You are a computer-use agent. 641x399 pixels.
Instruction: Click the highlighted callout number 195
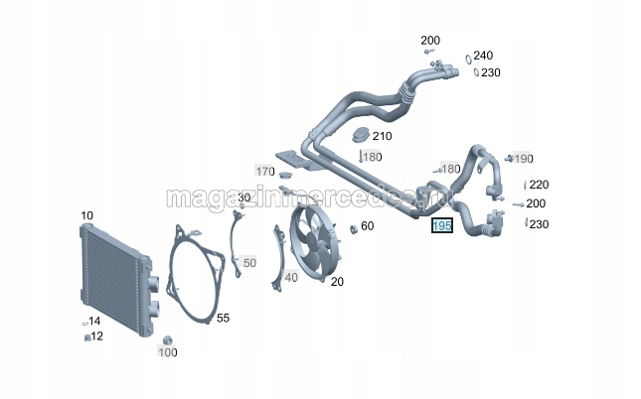[442, 225]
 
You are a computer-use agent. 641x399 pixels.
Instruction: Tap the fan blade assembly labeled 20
[314, 242]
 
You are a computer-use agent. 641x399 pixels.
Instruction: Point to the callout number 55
[223, 318]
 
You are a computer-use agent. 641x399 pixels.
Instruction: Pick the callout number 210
[382, 136]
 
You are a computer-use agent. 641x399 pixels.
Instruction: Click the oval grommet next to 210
[361, 135]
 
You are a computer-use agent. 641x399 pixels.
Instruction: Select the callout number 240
[483, 56]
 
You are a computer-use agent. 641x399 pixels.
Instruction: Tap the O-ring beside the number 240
[468, 60]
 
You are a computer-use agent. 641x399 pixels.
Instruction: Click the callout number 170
[265, 171]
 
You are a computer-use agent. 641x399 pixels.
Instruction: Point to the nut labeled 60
[354, 229]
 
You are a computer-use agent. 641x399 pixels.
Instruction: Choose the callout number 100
[168, 352]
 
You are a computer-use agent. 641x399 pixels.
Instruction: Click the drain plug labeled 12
[87, 337]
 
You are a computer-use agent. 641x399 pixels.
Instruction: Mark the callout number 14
[94, 321]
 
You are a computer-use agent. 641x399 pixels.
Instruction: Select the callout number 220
[539, 185]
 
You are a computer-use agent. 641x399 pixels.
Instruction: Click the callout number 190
[524, 159]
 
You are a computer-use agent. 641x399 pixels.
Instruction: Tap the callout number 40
[291, 278]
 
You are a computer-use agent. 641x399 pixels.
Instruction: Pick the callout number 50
[249, 263]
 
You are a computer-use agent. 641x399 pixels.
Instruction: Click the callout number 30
[244, 198]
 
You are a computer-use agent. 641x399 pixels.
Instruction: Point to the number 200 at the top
[430, 41]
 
